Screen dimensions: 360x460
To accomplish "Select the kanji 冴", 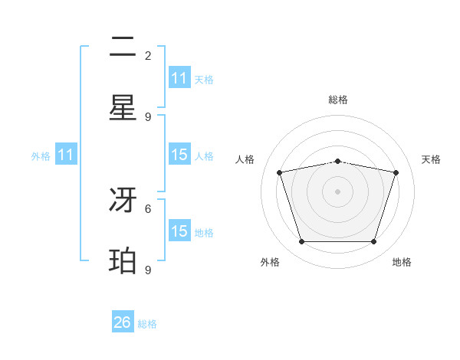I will [x=123, y=201].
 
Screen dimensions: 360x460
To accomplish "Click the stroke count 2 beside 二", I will [x=148, y=55].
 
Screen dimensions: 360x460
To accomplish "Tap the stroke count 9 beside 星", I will [x=148, y=116].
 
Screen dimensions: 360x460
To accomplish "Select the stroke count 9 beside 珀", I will [x=148, y=270].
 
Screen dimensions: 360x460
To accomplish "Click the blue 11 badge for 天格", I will [x=179, y=78].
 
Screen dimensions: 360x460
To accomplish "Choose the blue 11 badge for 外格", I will [x=66, y=155].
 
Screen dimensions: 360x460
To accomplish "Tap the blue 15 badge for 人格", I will [x=179, y=155].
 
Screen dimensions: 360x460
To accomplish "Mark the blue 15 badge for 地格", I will [x=179, y=231].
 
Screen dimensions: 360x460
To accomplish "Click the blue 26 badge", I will [x=123, y=322].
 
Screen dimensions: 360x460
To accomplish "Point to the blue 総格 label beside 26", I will [x=148, y=324].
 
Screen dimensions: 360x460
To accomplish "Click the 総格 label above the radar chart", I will [x=338, y=100].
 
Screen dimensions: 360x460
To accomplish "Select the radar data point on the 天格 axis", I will [x=396, y=173].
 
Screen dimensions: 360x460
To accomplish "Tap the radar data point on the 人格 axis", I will [x=280, y=173].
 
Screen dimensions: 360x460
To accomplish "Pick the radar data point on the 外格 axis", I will [x=301, y=242].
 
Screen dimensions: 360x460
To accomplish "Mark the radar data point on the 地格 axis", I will [x=373, y=242].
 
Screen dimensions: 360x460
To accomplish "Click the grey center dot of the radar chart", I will [x=338, y=191].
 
